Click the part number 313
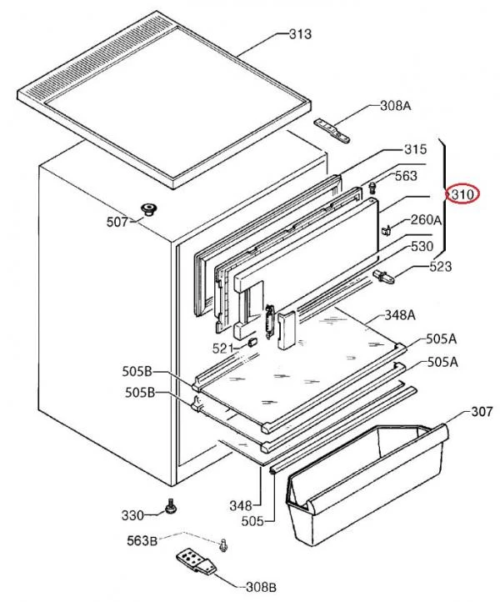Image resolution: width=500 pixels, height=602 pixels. (300, 34)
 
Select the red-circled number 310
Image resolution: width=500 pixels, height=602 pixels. (462, 194)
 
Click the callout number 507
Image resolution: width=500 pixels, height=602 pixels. (117, 223)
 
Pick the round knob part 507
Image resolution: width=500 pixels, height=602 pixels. (150, 208)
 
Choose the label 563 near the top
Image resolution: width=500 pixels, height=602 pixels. (405, 176)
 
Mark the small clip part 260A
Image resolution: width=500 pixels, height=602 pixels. (387, 228)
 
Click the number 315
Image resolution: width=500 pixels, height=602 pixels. (415, 149)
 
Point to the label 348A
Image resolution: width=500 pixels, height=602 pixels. (400, 315)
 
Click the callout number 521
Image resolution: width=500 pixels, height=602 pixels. (221, 348)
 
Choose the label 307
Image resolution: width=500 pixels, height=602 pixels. (459, 410)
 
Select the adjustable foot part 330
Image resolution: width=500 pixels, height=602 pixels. (172, 507)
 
